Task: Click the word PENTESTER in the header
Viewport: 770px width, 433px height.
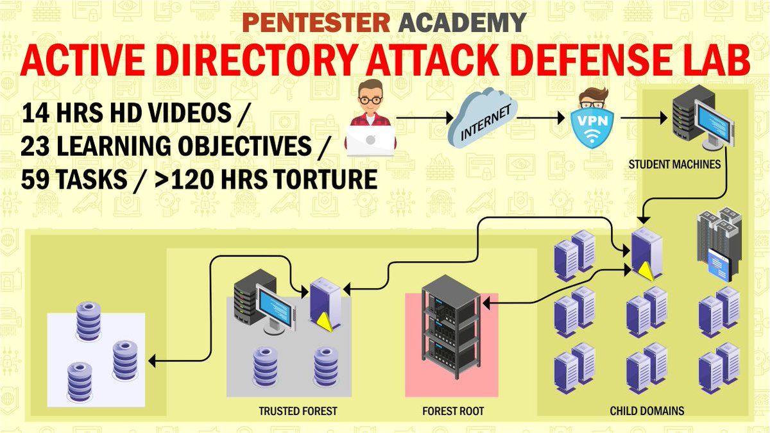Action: point(316,23)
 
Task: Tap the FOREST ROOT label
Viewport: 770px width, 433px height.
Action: point(453,411)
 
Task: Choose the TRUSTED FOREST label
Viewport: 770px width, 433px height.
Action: point(298,411)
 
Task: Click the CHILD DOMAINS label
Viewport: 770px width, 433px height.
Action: point(647,411)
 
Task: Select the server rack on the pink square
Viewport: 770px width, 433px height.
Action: point(451,334)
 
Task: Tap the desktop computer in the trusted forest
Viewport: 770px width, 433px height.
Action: point(259,301)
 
